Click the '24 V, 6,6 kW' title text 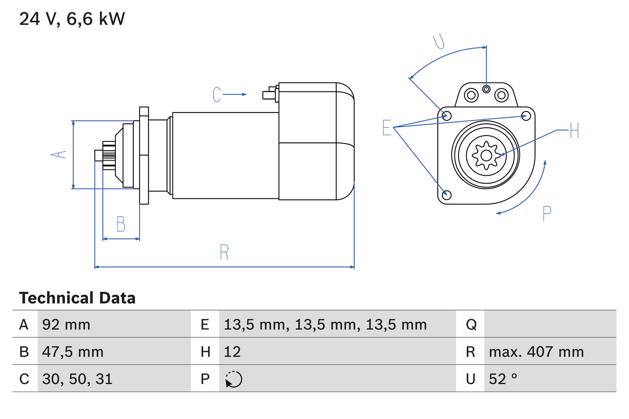(x=72, y=19)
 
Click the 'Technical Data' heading (x=77, y=298)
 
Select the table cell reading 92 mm (x=66, y=324)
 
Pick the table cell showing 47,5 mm (x=73, y=352)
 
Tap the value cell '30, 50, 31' (x=77, y=379)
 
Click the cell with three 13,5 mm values (x=325, y=324)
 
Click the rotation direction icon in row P (x=233, y=379)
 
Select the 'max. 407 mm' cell (x=536, y=352)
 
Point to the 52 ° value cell (x=503, y=379)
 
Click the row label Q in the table (x=471, y=324)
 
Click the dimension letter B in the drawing (x=121, y=224)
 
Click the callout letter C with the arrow (x=217, y=94)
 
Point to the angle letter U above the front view (x=439, y=43)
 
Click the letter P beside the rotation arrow (x=547, y=213)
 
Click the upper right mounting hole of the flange (x=526, y=116)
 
